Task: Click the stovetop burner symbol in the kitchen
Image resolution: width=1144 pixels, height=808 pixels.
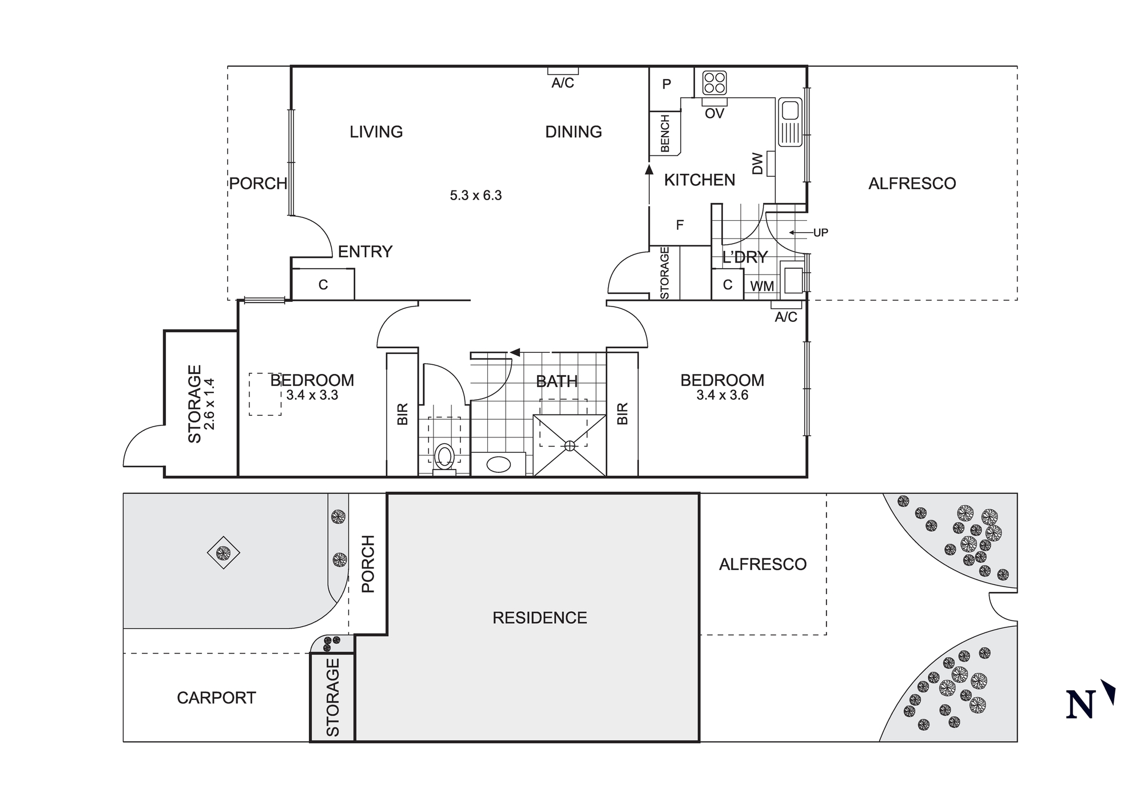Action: click(x=714, y=83)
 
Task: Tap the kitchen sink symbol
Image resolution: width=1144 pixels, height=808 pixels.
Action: click(x=791, y=122)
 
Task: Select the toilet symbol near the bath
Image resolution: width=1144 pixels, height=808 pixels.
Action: click(x=444, y=457)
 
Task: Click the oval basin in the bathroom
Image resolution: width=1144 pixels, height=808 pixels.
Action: click(x=498, y=464)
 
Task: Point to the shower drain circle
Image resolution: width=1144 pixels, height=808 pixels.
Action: click(x=570, y=445)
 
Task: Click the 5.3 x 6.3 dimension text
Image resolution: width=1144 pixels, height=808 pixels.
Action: click(x=475, y=196)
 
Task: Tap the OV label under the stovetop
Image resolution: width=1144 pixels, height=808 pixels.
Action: click(x=714, y=113)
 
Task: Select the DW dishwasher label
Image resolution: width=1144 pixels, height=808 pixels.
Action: click(x=757, y=164)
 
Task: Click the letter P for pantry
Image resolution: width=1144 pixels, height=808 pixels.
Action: click(x=666, y=85)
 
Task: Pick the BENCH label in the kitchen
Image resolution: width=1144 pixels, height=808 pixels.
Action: click(x=665, y=134)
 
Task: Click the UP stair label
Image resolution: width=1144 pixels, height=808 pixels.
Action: click(x=820, y=233)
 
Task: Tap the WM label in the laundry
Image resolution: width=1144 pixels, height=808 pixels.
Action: click(x=762, y=286)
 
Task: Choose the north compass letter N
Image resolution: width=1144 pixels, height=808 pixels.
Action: click(x=1081, y=704)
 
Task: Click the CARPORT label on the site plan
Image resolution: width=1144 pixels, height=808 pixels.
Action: click(x=216, y=698)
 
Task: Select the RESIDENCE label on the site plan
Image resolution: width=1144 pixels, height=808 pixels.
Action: click(x=539, y=618)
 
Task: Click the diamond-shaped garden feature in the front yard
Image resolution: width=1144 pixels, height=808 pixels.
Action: click(x=223, y=552)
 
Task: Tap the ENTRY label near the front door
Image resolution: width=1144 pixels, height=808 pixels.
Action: click(x=365, y=252)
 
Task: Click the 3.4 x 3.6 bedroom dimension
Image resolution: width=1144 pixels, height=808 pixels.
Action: click(x=722, y=395)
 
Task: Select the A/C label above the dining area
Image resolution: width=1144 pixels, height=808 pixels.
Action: click(x=562, y=83)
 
